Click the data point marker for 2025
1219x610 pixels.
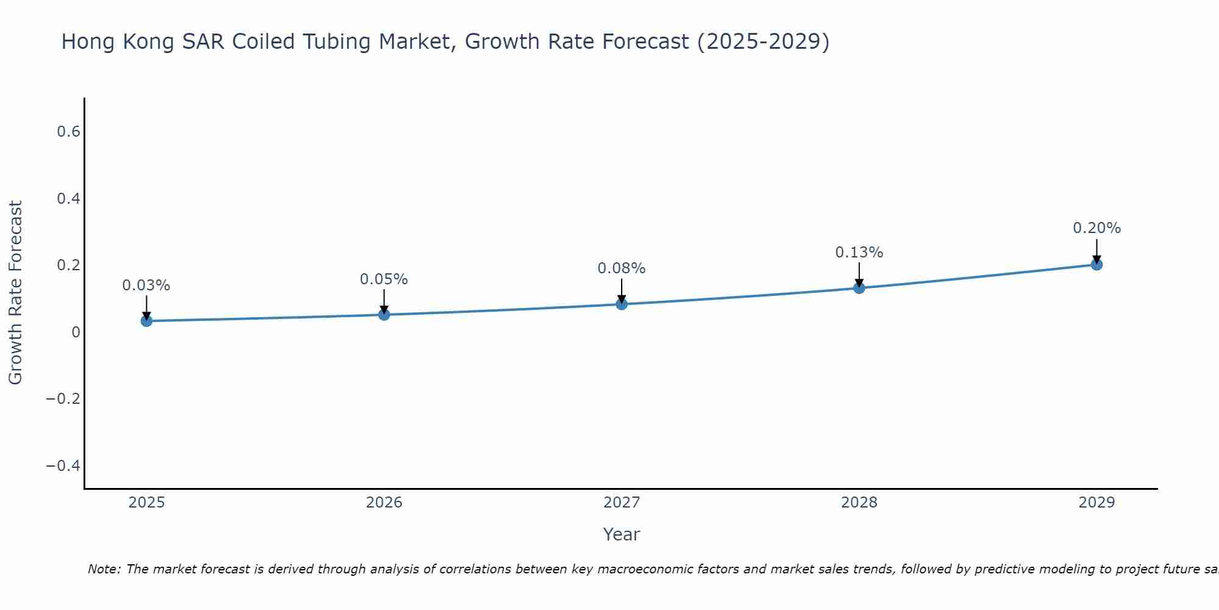(x=146, y=321)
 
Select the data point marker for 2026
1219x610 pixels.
(x=384, y=314)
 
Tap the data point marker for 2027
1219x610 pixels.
(x=622, y=304)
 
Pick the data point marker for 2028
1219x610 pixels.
(x=859, y=287)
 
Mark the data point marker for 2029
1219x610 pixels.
(x=1096, y=264)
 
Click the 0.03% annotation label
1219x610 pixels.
(x=146, y=285)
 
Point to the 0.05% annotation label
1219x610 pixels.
(x=384, y=279)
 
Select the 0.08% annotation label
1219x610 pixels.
(x=622, y=268)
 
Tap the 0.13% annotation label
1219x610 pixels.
(x=859, y=253)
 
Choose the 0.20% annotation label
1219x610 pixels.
(x=1096, y=228)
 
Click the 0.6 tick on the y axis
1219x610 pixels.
(x=69, y=132)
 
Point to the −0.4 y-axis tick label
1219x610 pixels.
(x=63, y=466)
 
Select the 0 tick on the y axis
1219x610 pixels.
(x=76, y=332)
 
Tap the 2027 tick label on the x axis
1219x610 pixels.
(x=622, y=503)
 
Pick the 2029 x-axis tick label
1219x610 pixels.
(x=1096, y=503)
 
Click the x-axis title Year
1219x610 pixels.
(x=622, y=534)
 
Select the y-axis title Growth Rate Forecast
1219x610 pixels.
(x=16, y=293)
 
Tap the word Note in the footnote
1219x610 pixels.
(x=104, y=569)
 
